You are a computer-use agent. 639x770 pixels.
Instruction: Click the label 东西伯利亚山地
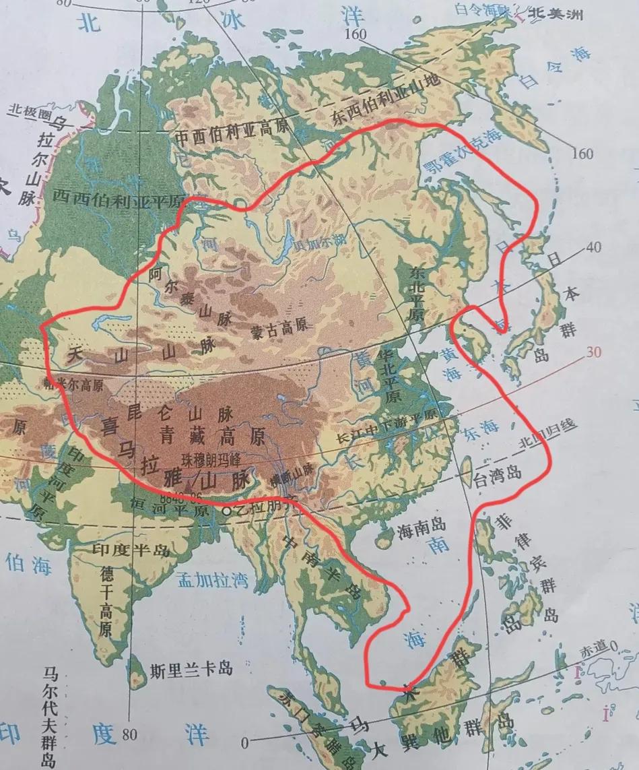pyautogui.click(x=385, y=101)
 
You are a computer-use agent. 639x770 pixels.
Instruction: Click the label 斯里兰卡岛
pyautogui.click(x=191, y=670)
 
